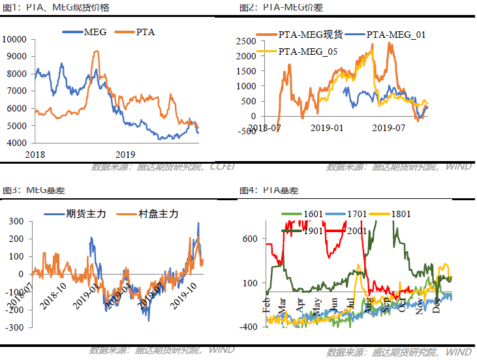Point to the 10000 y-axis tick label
tap(14, 39)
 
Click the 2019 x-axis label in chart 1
tap(125, 155)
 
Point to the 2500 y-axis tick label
tap(246, 41)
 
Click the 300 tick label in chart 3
tap(16, 221)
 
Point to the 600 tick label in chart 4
tap(250, 239)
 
